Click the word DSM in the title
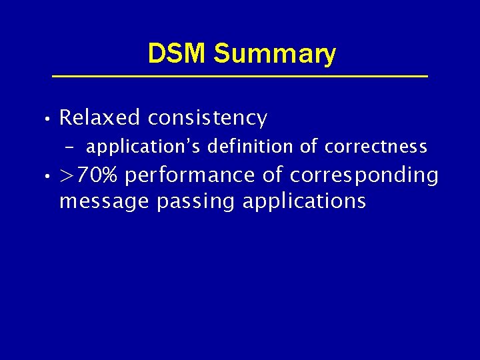(x=177, y=53)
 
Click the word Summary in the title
(x=275, y=54)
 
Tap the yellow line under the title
(x=239, y=77)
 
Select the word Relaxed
(x=100, y=118)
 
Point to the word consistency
(x=207, y=119)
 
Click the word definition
(x=245, y=146)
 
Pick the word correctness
(x=376, y=146)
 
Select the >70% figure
(x=89, y=176)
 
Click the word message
(x=105, y=201)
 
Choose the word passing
(x=196, y=201)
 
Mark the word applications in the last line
(x=304, y=201)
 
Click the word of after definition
(x=309, y=146)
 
